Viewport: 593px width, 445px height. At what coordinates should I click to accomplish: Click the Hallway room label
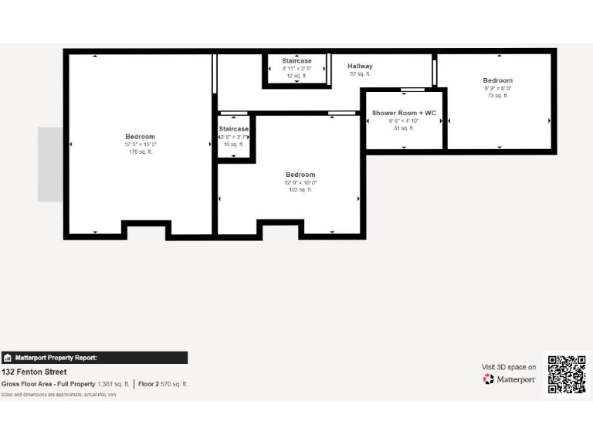[360, 66]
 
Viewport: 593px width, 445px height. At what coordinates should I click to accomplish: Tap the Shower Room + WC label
[404, 113]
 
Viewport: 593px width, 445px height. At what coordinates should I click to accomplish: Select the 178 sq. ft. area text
[141, 151]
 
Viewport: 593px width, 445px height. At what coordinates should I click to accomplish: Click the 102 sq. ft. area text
[300, 189]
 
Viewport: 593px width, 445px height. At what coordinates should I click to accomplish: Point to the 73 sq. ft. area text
[497, 95]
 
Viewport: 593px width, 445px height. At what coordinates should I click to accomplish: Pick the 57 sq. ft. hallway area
[360, 74]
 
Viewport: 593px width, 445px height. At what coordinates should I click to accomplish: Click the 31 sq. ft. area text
[404, 127]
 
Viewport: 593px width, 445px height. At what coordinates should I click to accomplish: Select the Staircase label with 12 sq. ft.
[296, 60]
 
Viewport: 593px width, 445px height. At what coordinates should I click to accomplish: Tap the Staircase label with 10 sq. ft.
[233, 129]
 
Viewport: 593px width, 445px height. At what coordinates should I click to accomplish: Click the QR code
[567, 375]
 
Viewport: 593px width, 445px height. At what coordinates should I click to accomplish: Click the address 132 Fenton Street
[34, 372]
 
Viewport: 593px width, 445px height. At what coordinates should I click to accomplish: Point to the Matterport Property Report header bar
[94, 358]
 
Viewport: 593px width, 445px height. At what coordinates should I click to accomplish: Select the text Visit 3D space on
[509, 367]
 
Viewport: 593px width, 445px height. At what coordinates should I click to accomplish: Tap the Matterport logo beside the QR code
[509, 379]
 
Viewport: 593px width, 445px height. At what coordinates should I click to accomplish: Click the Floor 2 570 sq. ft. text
[163, 384]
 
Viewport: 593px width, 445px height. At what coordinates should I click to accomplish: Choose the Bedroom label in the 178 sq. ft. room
[141, 137]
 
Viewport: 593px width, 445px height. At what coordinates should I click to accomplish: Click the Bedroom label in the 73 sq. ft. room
[497, 80]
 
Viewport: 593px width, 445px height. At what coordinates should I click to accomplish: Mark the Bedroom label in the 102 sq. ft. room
[300, 175]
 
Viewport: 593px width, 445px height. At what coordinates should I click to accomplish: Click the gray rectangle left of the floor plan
[50, 165]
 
